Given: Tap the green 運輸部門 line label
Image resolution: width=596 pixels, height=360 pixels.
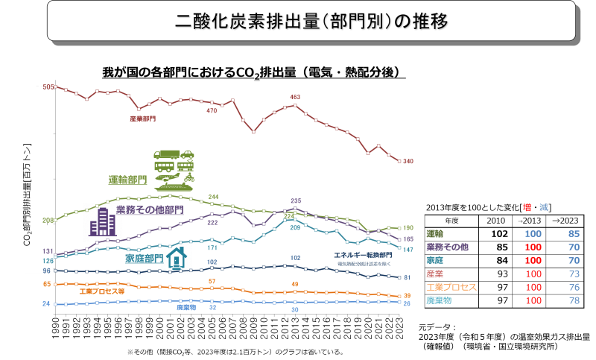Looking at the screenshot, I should tap(127, 180).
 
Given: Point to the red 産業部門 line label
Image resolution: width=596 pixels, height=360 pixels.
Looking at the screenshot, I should tap(142, 118).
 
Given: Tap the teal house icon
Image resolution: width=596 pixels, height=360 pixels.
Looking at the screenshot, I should tap(176, 259).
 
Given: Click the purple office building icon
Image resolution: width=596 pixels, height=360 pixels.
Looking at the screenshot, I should tap(101, 222).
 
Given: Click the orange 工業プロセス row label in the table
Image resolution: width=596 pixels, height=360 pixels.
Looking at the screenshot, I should tap(451, 287).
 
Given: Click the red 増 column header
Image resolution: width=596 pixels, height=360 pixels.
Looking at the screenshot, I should tap(525, 206).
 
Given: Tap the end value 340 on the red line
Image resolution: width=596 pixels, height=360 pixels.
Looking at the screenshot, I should tap(408, 162).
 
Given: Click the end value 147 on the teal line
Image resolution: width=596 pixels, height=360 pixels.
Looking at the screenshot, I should tap(408, 249).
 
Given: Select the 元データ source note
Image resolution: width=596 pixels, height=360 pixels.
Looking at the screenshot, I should tap(503, 337).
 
